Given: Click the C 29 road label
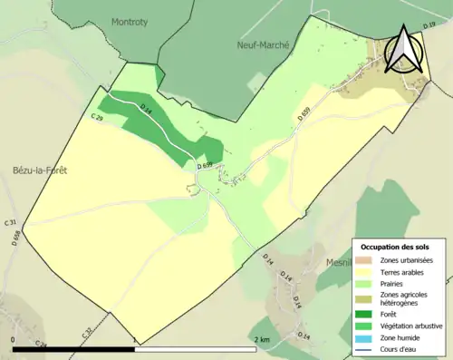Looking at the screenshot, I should [97, 117].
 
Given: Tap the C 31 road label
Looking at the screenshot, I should [11, 222].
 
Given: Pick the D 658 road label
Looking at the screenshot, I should [16, 238].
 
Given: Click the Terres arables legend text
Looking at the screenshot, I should [403, 271].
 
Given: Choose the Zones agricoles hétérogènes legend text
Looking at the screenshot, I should [404, 298].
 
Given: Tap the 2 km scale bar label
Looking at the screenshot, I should [262, 339].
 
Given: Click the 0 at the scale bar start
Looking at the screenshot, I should [13, 339].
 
